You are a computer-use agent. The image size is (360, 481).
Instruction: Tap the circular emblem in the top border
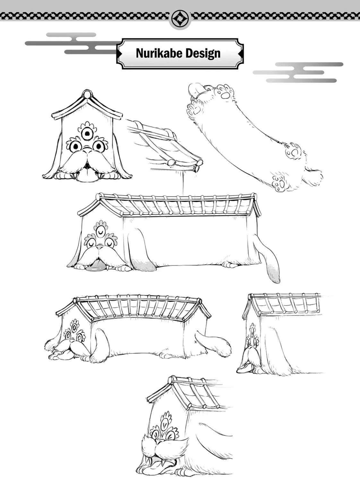[x=180, y=18]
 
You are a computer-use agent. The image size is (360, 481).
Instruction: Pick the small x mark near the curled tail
[x=195, y=342]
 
